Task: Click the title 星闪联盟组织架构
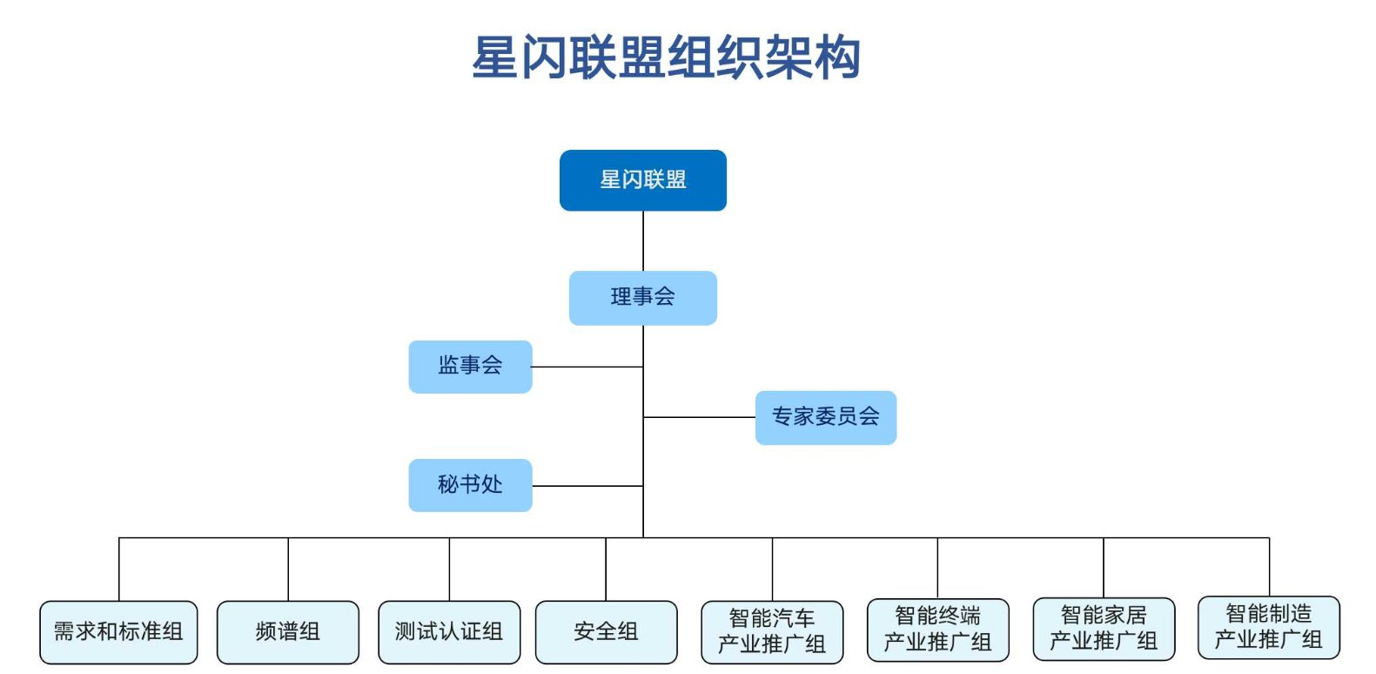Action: pos(666,57)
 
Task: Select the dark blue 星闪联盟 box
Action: pos(642,180)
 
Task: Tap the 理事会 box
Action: pos(642,298)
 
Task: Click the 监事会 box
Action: pos(470,367)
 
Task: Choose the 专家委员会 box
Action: pos(825,417)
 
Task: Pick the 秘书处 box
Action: pos(470,485)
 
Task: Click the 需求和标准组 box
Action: pos(118,632)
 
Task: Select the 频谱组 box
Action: pos(287,632)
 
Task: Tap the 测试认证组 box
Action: pos(449,632)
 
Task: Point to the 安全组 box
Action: pos(606,632)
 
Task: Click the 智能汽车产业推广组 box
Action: pos(772,632)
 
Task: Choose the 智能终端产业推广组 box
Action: pos(937,630)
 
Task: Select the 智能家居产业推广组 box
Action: pos(1104,629)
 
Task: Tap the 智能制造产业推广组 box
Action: pos(1268,627)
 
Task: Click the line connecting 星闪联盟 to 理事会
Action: pos(643,241)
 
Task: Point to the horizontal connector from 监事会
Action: pos(587,367)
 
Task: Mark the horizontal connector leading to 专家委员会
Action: pos(699,417)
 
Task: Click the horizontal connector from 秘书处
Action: pos(587,486)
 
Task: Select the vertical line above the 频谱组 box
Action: pos(288,570)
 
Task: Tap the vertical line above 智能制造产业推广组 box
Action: pos(1269,567)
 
